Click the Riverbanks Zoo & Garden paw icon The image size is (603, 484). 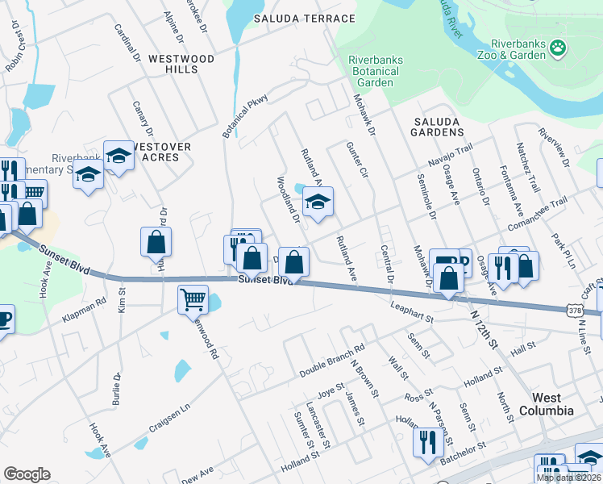pyautogui.click(x=558, y=49)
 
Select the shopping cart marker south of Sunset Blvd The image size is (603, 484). pyautogui.click(x=193, y=300)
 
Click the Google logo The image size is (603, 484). pyautogui.click(x=27, y=474)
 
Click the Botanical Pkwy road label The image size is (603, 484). pyautogui.click(x=246, y=115)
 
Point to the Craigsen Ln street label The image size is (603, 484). pyautogui.click(x=168, y=417)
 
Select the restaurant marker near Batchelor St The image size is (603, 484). pyautogui.click(x=425, y=441)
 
